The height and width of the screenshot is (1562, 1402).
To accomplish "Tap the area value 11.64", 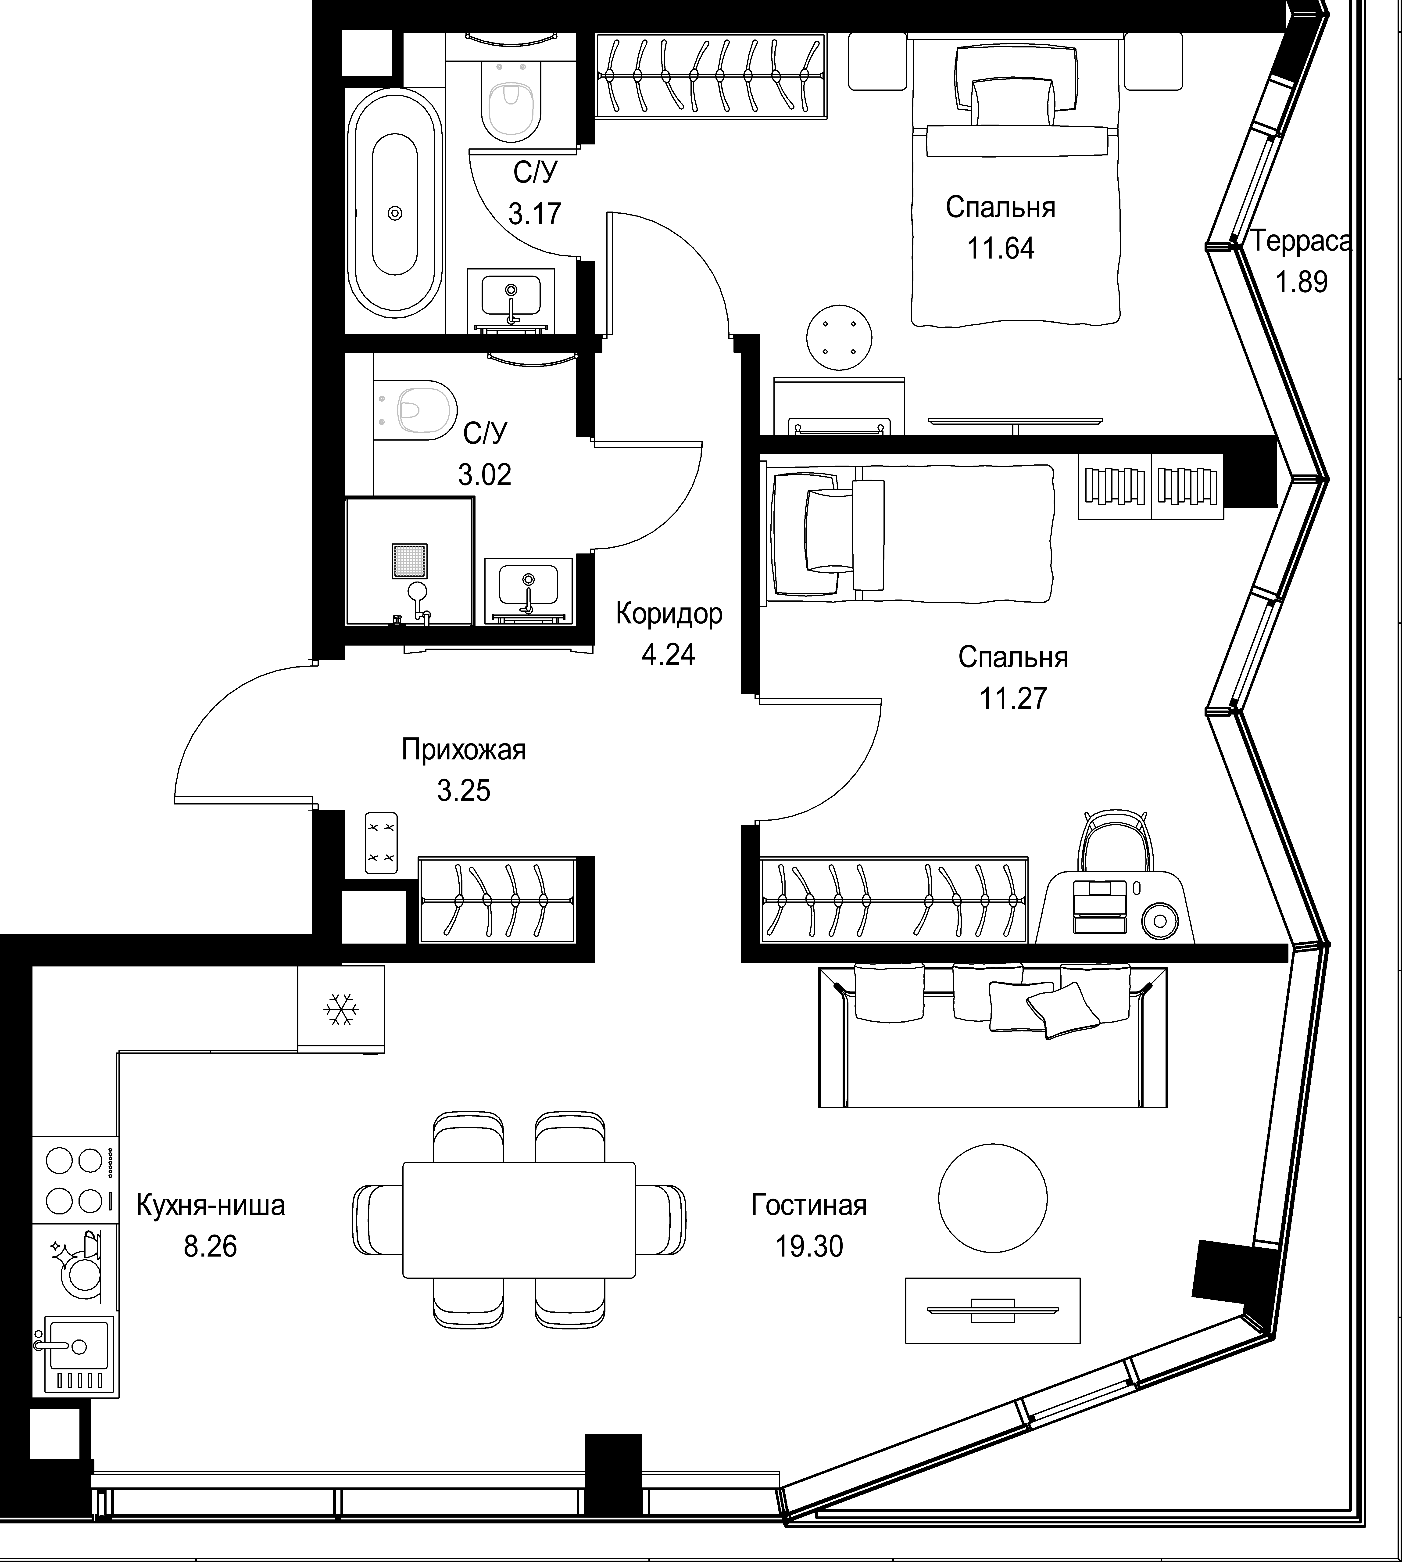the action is (1001, 248).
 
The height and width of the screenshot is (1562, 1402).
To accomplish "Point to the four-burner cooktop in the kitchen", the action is (75, 1181).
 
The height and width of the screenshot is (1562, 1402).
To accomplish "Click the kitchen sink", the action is (77, 1353).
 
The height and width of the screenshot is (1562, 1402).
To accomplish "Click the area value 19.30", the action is (809, 1246).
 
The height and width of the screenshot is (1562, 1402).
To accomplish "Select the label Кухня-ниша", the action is (210, 1205).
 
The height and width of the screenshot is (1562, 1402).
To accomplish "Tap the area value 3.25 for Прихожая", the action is (464, 791).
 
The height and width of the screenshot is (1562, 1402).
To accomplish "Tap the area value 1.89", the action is (1302, 282).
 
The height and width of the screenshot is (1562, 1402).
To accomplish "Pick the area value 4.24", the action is (668, 654).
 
